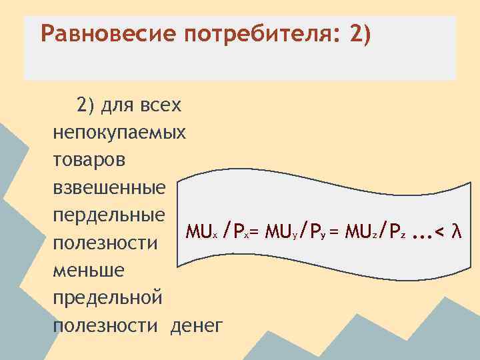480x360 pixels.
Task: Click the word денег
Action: tap(197, 325)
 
